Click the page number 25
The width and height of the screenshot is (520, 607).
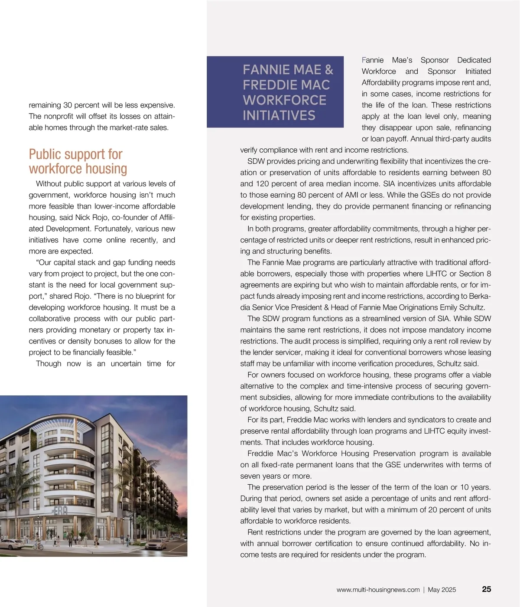[486, 589]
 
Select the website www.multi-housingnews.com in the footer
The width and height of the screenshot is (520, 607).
[378, 590]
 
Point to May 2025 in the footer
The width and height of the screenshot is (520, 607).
[442, 590]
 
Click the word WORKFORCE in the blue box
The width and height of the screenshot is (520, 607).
[284, 100]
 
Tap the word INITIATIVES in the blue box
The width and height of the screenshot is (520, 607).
[279, 116]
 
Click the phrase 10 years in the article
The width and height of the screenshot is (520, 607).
[475, 487]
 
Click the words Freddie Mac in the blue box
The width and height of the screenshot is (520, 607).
[286, 85]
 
